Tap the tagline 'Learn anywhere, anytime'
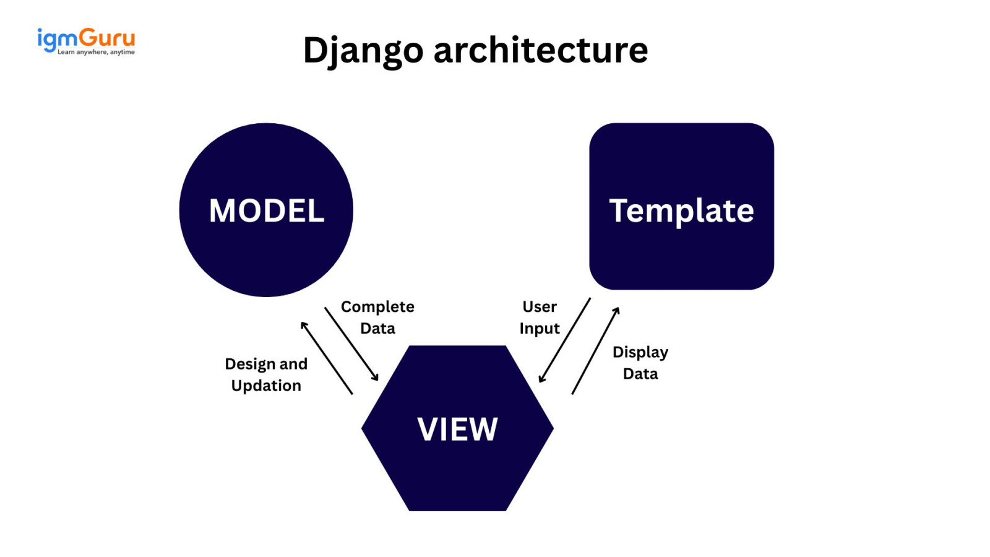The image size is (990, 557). coord(96,53)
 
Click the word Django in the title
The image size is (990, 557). coord(363,50)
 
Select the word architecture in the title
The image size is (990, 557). coord(540,50)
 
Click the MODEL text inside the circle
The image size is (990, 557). coord(266,211)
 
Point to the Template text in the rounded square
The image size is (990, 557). coord(681,211)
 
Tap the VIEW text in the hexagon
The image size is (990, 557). coord(457,429)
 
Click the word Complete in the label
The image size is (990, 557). coord(377,307)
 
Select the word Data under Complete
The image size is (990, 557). coord(377,329)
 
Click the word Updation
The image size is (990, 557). coord(266,386)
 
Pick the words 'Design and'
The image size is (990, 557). coord(266,364)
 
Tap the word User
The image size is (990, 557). coord(540,307)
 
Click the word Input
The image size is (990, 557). coord(540,329)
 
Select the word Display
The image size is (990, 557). coord(640,352)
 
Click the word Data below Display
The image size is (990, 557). coord(640,374)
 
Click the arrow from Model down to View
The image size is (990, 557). coord(351,343)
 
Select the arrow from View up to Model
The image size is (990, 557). coord(327,358)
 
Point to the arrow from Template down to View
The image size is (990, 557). coord(565,340)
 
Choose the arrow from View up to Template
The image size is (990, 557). coord(595,351)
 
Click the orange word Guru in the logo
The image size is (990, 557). coord(107,38)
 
